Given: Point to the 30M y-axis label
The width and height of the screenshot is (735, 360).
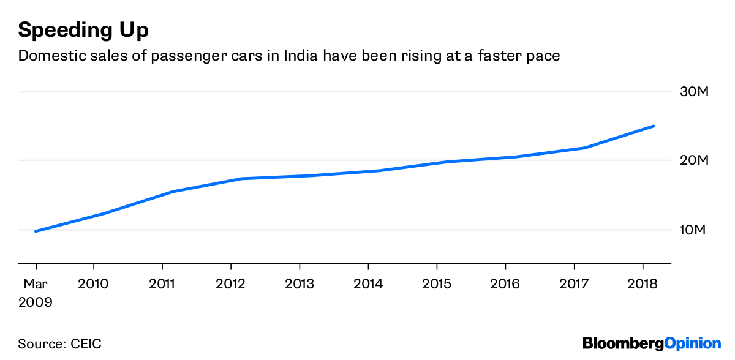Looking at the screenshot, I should coord(695,92).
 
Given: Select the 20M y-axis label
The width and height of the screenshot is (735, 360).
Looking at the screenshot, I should coord(695,160).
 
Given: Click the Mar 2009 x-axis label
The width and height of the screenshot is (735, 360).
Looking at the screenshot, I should coord(36,293).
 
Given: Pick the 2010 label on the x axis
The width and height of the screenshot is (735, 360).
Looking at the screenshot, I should coord(94,284).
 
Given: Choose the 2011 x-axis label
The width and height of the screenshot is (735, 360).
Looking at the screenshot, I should coord(162,284).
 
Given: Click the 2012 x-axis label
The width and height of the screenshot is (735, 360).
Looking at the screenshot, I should coord(231,284).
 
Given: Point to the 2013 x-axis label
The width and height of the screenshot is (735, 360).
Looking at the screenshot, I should coord(300,284).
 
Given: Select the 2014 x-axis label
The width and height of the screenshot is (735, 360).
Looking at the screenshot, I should coord(368,284).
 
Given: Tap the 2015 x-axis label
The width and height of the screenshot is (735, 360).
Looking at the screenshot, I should coord(437,284).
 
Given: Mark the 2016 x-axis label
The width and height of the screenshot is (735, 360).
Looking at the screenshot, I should coord(505,284).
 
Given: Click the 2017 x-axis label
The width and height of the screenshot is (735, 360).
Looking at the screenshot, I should coord(574,284).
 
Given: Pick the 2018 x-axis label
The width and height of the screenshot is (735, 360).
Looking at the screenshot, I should coord(643,284).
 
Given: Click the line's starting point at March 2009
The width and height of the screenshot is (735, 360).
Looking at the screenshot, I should coord(36,231).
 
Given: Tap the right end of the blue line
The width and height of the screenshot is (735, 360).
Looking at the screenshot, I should coord(654,126).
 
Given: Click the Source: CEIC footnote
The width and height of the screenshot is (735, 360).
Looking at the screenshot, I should coord(60,343).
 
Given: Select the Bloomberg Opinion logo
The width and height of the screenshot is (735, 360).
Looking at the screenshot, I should coord(652,343).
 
